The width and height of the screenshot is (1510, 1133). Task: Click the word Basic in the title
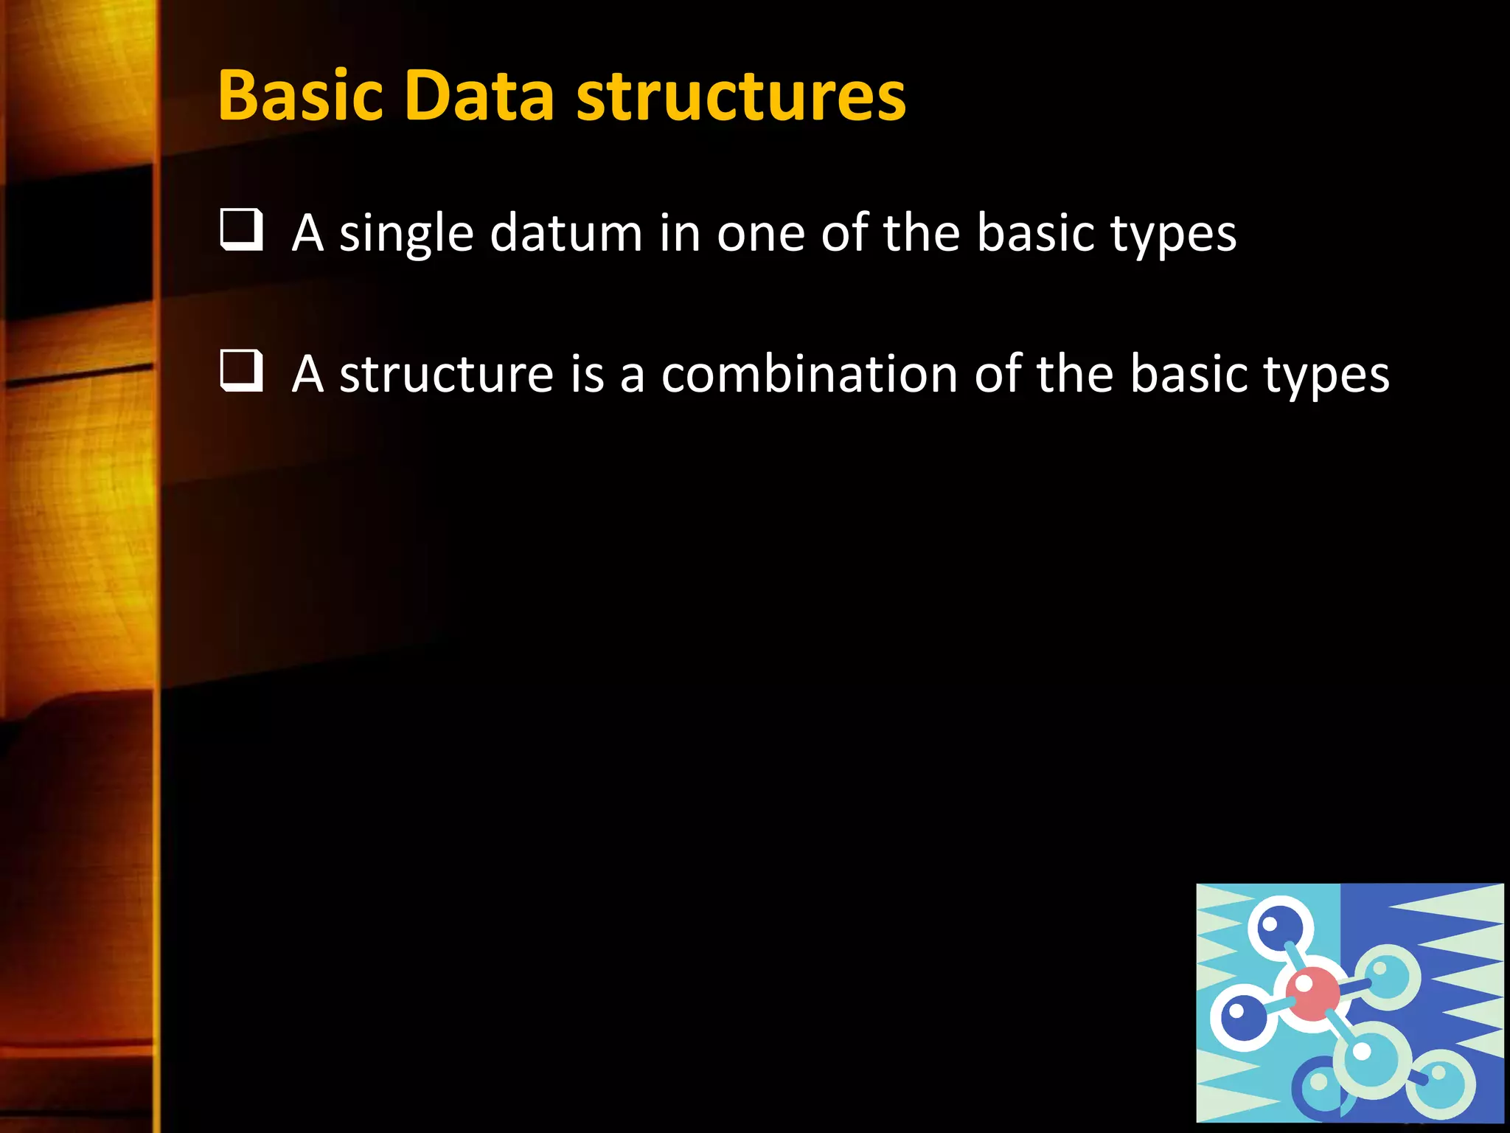pyautogui.click(x=301, y=96)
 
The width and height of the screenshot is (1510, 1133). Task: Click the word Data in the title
pyautogui.click(x=479, y=96)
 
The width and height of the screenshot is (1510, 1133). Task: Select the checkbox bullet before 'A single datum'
pyautogui.click(x=241, y=230)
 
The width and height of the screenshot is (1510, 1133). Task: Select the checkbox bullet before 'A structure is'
pyautogui.click(x=241, y=371)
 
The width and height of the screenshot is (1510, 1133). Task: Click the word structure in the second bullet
pyautogui.click(x=446, y=375)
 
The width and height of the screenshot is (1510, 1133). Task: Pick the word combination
pyautogui.click(x=810, y=373)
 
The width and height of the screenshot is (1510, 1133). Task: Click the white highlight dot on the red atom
pyautogui.click(x=1304, y=983)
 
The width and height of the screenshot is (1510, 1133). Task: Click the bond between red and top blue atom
pyautogui.click(x=1295, y=959)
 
